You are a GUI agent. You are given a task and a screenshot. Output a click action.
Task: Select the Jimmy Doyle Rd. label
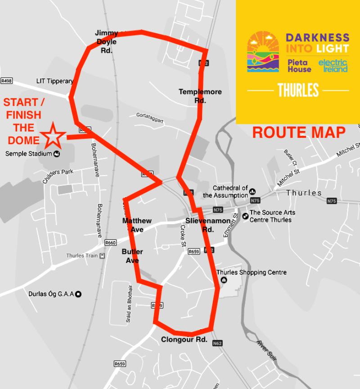click(x=106, y=42)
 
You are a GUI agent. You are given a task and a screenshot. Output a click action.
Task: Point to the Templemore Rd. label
click(x=200, y=96)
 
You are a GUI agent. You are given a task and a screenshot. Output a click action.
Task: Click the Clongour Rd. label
click(x=184, y=339)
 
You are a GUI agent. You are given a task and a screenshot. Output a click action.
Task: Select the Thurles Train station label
click(x=82, y=256)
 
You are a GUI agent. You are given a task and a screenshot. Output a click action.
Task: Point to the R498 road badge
click(x=6, y=81)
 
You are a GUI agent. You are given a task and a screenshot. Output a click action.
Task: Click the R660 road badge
click(x=111, y=243)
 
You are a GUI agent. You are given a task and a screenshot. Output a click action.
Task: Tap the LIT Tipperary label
click(x=54, y=81)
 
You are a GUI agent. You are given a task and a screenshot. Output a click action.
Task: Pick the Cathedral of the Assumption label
click(x=225, y=192)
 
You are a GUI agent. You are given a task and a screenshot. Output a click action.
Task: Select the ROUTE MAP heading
click(x=298, y=132)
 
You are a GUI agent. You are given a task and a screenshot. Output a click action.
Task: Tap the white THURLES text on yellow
click(x=298, y=90)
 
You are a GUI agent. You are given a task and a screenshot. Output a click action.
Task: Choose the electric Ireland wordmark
click(x=333, y=66)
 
